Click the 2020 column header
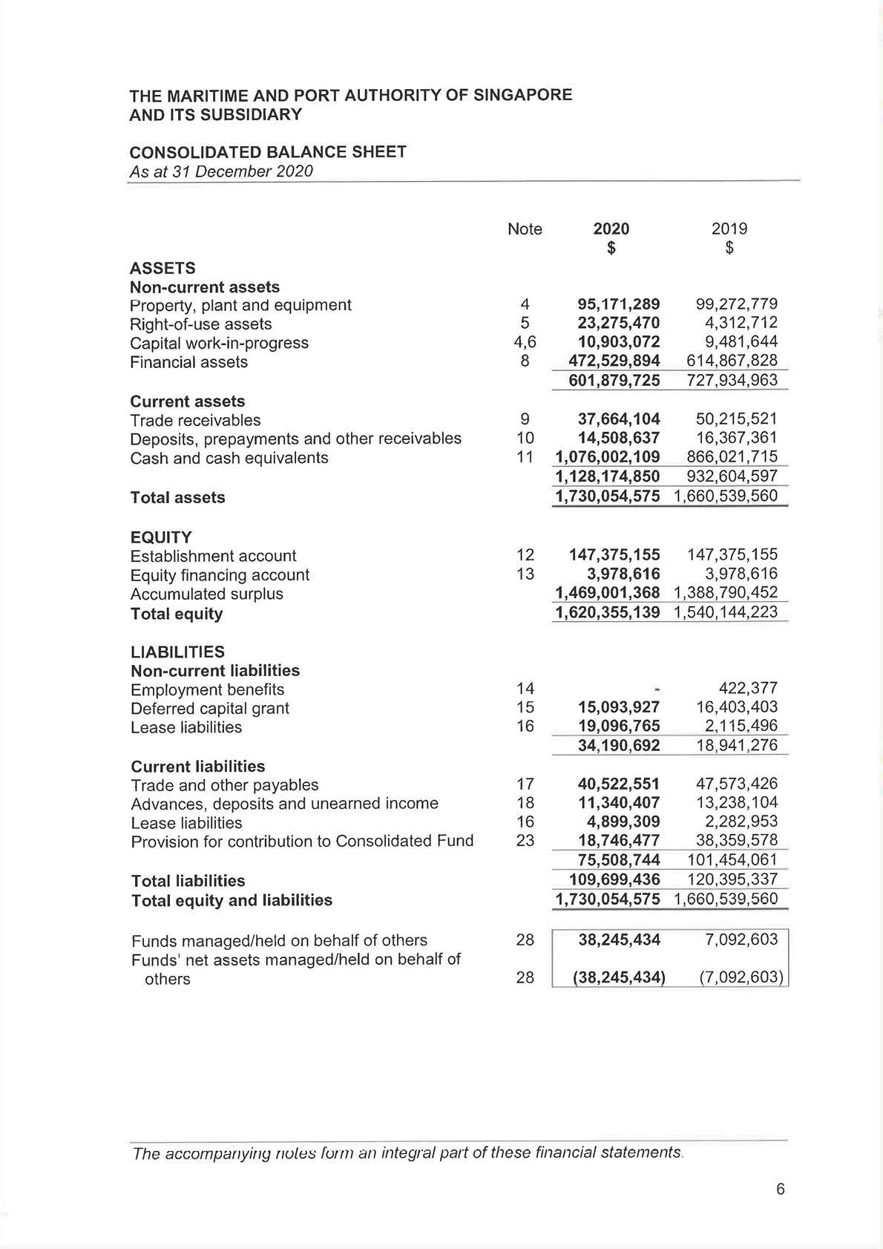point(611,229)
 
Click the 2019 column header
point(729,229)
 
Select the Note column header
point(525,229)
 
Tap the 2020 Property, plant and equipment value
point(618,304)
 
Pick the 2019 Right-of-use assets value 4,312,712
point(741,323)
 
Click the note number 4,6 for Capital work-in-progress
point(525,342)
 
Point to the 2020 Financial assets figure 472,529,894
point(614,361)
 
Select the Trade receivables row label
point(195,420)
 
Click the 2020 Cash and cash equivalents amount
point(607,457)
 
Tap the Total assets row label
point(177,497)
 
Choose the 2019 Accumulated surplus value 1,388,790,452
point(725,593)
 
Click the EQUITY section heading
point(160,537)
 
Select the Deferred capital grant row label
point(210,708)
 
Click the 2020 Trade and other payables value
point(618,784)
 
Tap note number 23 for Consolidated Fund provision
point(525,841)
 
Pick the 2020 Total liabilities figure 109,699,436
point(614,879)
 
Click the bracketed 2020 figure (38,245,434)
point(619,977)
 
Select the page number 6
point(780,1189)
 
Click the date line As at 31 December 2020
point(221,171)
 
